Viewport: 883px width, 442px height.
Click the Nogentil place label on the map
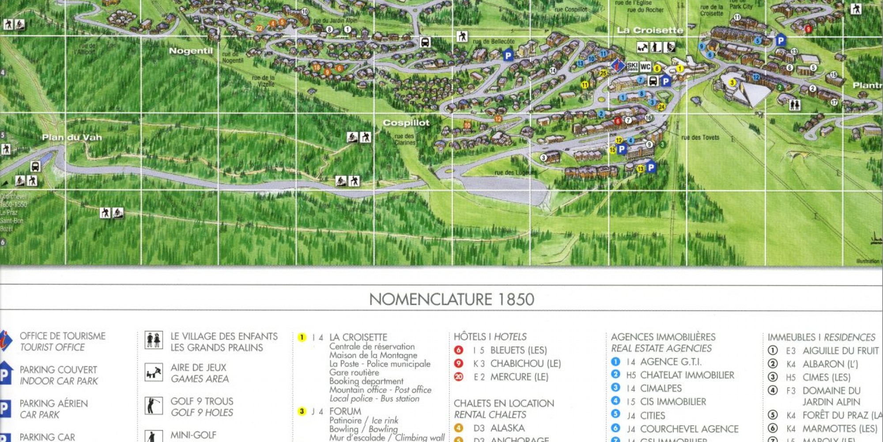coord(191,51)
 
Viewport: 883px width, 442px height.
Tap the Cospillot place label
coord(406,123)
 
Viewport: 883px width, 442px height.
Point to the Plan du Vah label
coord(72,137)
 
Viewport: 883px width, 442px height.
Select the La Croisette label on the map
coord(649,30)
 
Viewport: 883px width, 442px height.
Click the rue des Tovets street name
coord(700,137)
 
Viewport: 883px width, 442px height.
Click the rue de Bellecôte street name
coord(494,42)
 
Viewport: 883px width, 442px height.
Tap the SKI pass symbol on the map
coord(632,66)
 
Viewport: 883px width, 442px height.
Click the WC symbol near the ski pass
coord(645,67)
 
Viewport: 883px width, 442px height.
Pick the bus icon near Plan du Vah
coord(35,167)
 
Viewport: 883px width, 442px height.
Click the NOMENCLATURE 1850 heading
coord(451,300)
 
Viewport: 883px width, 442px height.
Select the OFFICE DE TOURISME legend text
coord(62,336)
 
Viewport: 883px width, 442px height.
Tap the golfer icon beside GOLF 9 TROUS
coord(154,406)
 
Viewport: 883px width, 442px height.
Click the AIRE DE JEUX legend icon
coord(154,372)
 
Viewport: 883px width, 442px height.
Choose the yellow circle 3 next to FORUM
coord(302,412)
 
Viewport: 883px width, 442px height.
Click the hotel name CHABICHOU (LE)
coord(525,364)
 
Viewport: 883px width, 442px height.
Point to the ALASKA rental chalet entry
coord(507,428)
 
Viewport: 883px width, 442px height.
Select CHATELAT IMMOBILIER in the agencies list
coord(687,375)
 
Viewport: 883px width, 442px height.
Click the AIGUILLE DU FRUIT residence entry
coord(840,351)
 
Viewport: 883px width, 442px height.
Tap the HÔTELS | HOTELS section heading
coord(490,337)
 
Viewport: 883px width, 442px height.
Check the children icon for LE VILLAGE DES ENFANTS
coord(154,340)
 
